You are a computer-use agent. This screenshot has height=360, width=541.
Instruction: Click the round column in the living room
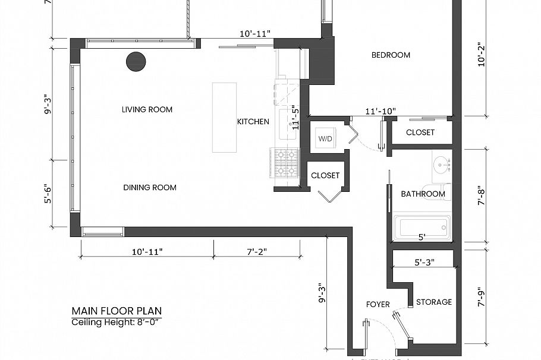(136, 61)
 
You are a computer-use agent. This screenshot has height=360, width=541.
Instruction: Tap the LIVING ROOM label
(147, 109)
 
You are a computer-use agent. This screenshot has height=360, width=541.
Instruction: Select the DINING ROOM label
(150, 188)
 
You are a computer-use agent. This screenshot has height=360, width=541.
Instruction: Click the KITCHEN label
(253, 122)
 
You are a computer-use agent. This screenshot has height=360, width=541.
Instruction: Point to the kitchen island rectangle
(225, 118)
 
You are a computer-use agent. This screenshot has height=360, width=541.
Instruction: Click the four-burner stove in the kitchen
(285, 163)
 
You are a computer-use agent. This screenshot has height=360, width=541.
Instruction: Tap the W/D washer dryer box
(325, 138)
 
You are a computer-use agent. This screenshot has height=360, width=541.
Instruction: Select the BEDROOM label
(391, 55)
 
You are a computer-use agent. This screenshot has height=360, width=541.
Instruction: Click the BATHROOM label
(423, 194)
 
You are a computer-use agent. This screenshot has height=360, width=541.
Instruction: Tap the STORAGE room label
(433, 302)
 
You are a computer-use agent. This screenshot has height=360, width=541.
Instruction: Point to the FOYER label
(378, 305)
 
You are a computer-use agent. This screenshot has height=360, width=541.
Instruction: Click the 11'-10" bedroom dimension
(380, 110)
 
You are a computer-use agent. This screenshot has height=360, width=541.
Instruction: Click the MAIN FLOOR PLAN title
(117, 311)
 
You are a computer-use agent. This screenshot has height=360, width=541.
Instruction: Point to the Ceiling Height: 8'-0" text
(117, 322)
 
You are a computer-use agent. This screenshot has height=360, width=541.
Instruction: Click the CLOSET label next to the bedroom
(420, 132)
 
